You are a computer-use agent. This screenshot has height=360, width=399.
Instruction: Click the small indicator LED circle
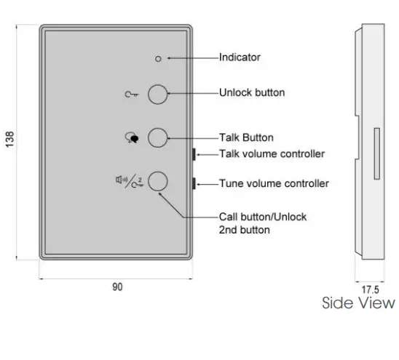coord(159,57)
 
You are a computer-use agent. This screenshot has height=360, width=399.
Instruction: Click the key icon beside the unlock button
coord(132,94)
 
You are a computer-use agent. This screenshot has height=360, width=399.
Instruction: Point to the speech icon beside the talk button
coord(132,137)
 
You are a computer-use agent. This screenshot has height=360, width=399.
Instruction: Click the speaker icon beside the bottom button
coord(121,180)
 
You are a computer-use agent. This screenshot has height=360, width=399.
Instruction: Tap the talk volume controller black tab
coord(194,154)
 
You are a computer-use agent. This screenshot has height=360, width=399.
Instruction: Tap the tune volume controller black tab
coord(194,183)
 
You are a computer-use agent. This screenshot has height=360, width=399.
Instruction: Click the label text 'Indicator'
coord(240,57)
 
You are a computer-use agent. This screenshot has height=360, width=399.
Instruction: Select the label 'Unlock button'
coord(252,92)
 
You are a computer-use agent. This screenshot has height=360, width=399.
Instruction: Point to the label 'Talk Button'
coord(246,137)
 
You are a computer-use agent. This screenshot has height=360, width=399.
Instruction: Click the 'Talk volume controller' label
coord(272,153)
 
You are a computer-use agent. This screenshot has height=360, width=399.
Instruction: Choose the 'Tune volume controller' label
coord(274,183)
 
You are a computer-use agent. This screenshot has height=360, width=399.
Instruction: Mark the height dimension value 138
coord(9,141)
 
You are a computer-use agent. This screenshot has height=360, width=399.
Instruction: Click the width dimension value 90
coord(117,287)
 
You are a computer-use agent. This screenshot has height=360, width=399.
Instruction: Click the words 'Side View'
coord(358,303)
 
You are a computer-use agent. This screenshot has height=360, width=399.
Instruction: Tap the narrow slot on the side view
coord(376,153)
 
